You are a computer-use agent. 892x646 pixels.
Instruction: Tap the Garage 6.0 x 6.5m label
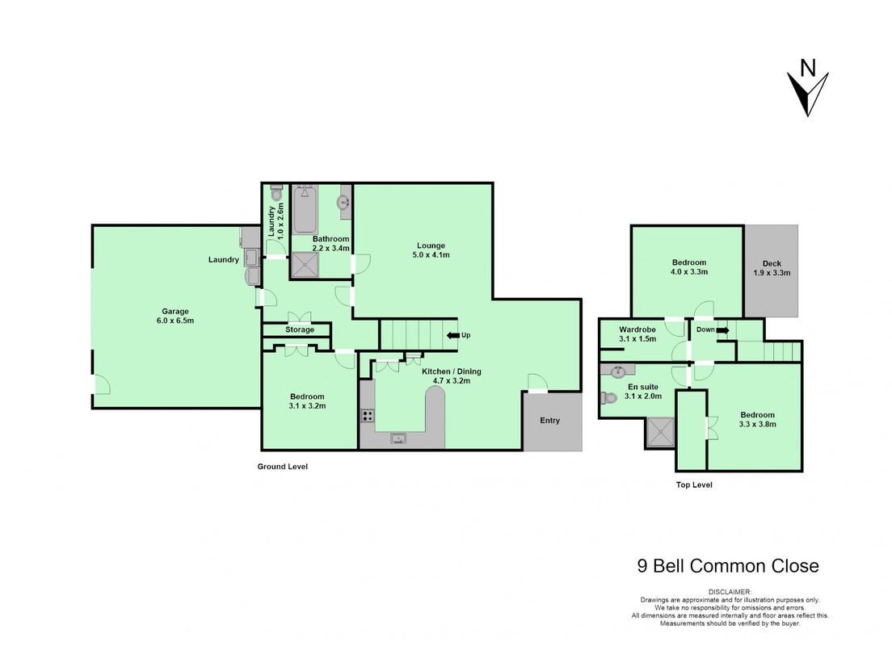coord(175,316)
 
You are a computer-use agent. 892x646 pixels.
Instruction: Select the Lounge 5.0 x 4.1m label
coord(431,250)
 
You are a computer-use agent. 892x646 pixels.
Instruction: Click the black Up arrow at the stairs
coord(452,335)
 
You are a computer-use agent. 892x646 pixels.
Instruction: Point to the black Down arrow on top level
coord(722,329)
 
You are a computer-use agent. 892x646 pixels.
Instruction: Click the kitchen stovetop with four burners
coord(368,416)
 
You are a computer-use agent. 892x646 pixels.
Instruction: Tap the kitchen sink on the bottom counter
coord(398,438)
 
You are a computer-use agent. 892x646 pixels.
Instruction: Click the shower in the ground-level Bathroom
coord(305,265)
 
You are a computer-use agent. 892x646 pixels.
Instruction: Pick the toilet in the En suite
coord(608,397)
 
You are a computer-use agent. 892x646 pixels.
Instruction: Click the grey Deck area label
coord(772,268)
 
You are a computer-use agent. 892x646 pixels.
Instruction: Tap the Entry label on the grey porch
coord(549,420)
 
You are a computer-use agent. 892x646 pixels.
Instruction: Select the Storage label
coord(300,329)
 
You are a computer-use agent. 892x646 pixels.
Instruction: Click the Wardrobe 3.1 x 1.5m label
coord(637,333)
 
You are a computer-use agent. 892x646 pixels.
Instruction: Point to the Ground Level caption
coord(282,466)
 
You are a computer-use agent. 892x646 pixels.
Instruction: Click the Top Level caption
coord(694,484)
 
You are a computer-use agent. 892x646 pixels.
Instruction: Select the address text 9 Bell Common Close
coord(728,566)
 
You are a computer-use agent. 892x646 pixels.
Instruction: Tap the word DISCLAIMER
coord(730,592)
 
